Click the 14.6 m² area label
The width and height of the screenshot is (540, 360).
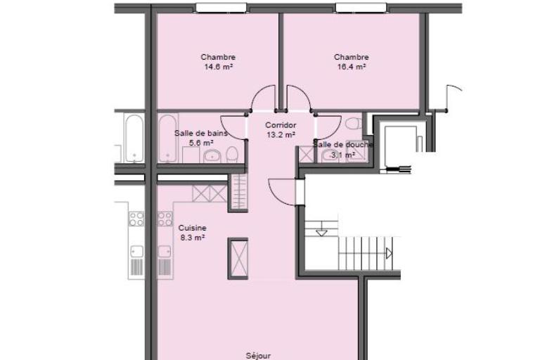tap(219, 67)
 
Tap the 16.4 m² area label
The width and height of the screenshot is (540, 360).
tap(352, 67)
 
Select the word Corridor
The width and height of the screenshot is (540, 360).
tap(281, 125)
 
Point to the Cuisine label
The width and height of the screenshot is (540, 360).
tap(192, 228)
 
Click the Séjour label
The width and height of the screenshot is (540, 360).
tap(258, 356)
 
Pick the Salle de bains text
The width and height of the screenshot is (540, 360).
tap(201, 133)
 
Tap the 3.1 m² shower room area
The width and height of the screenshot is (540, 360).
tap(343, 155)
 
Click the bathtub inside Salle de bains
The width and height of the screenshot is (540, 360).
tap(168, 139)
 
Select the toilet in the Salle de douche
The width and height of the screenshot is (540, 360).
tap(354, 124)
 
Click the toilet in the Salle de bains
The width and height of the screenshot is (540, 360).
tap(232, 154)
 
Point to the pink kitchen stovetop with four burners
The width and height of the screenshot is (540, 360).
tap(165, 219)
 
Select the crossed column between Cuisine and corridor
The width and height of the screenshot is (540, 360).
tap(238, 258)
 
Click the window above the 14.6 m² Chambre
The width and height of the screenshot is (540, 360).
tap(221, 8)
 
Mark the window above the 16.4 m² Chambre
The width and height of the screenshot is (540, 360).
tap(361, 8)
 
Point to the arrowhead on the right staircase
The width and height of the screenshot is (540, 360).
tap(389, 254)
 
